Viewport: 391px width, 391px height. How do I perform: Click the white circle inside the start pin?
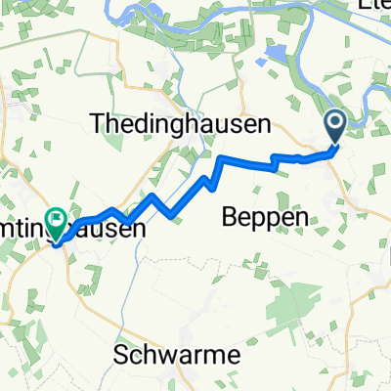click(334, 123)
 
